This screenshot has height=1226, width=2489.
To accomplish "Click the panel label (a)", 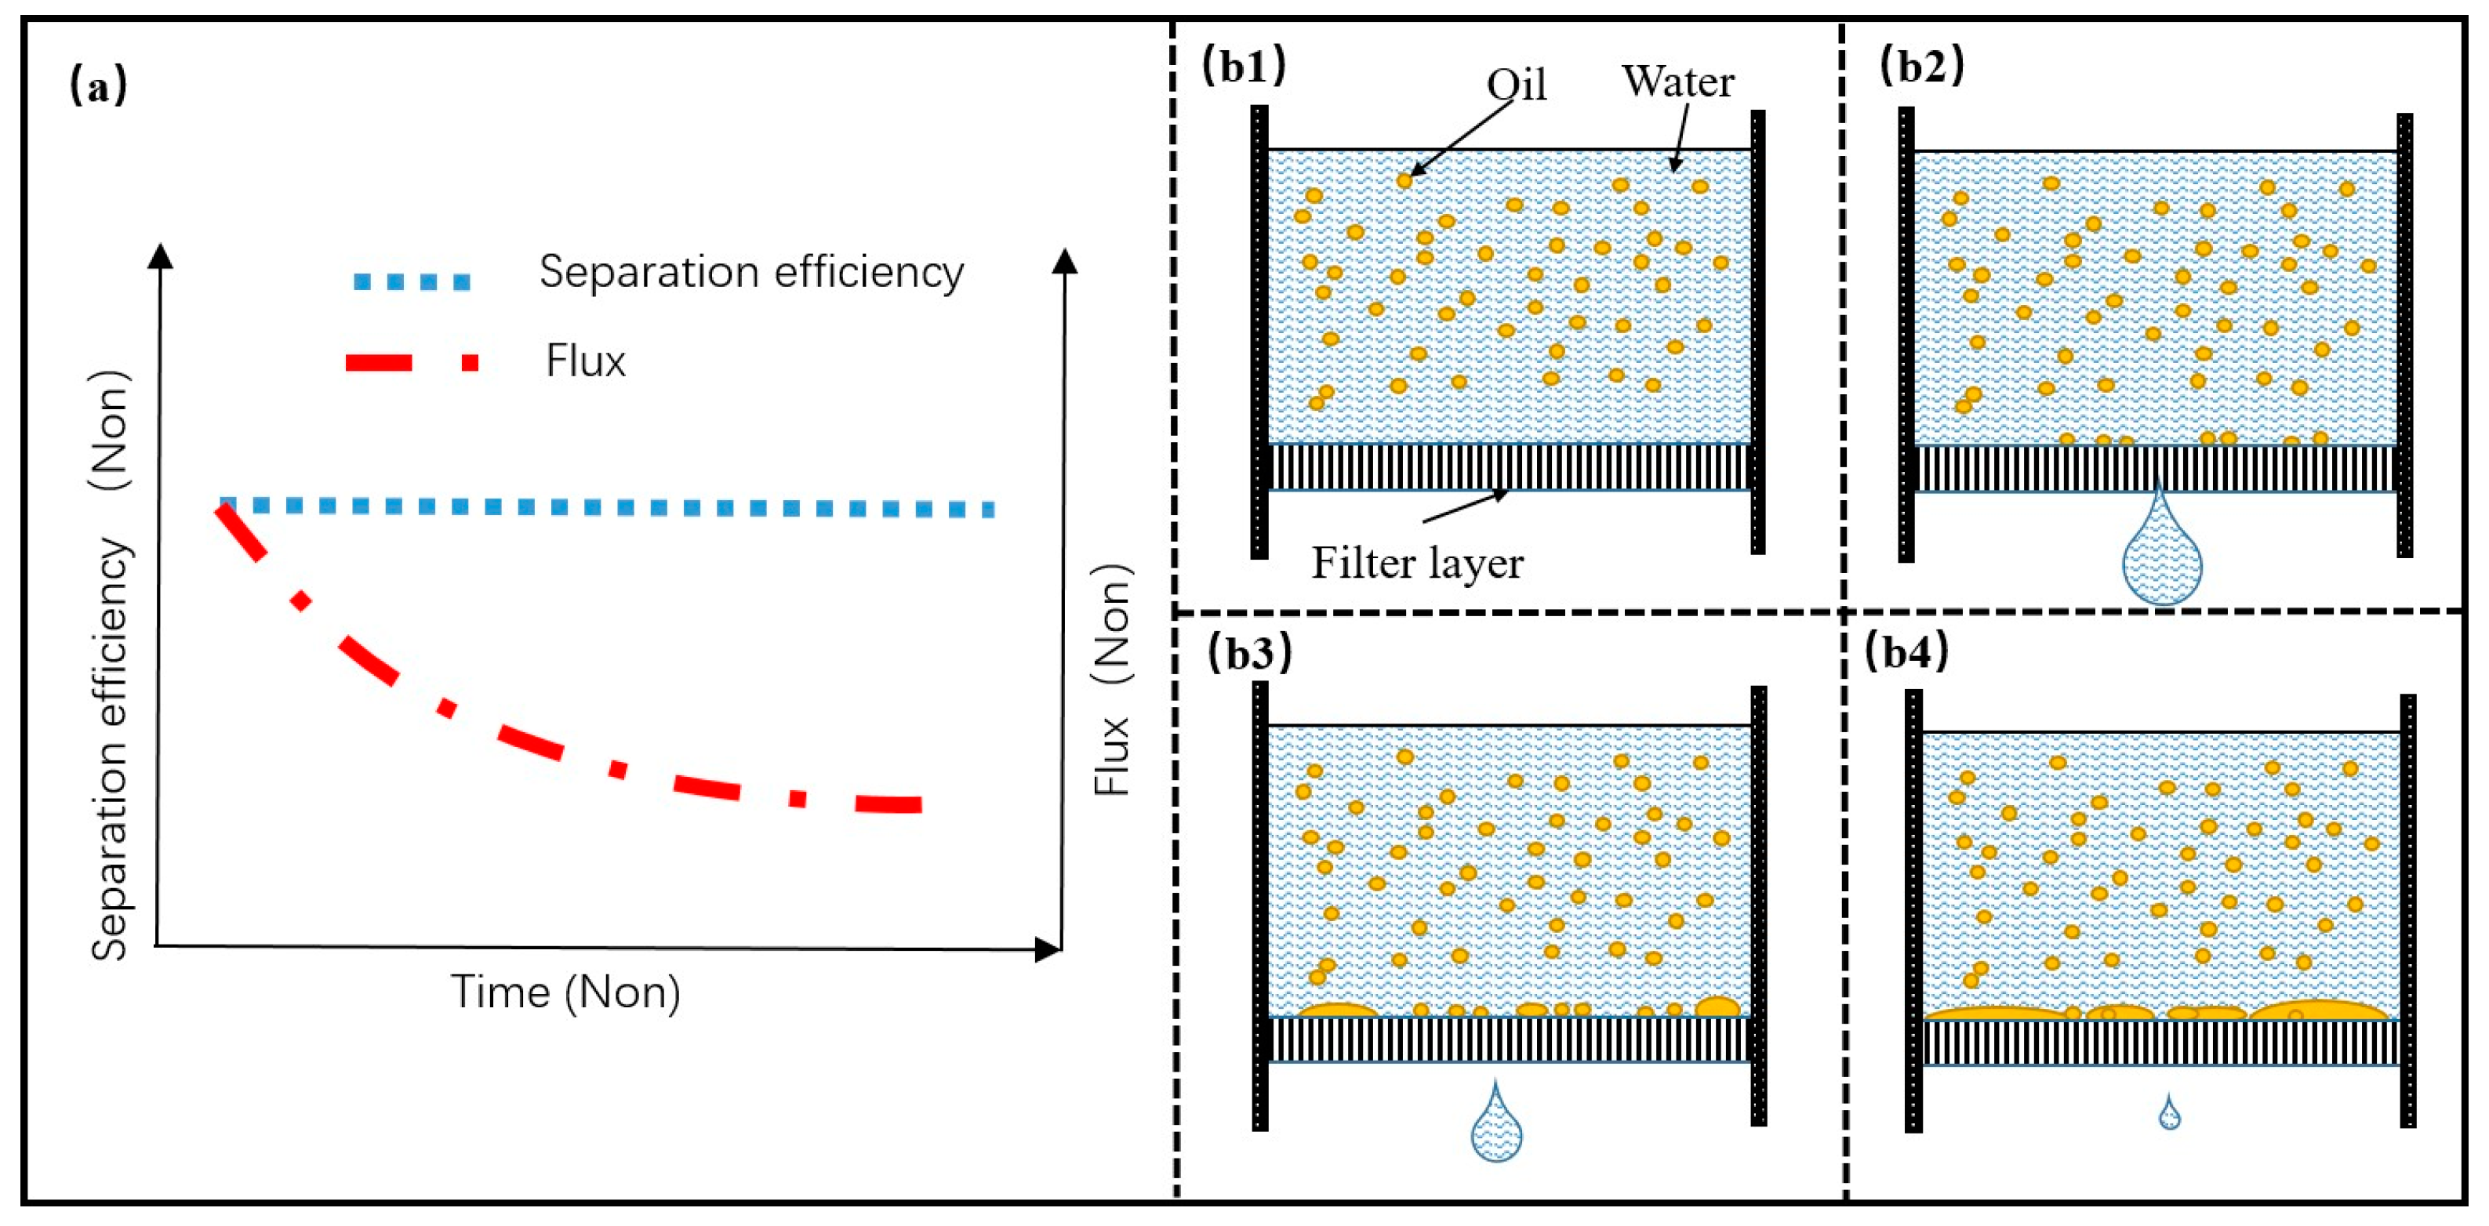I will pyautogui.click(x=97, y=87).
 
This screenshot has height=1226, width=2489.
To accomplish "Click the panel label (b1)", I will pyautogui.click(x=1244, y=66).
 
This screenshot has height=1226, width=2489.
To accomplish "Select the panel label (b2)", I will pyautogui.click(x=1922, y=66).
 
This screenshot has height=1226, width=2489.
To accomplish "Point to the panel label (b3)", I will pyautogui.click(x=1249, y=653).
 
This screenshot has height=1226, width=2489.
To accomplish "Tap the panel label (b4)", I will pyautogui.click(x=1906, y=652).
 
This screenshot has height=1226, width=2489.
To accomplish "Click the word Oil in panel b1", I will pyautogui.click(x=1516, y=85).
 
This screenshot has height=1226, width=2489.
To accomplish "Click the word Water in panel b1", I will pyautogui.click(x=1677, y=82).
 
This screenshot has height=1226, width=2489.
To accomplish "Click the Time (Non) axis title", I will pyautogui.click(x=565, y=992).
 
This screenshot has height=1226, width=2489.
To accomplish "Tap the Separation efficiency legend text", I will pyautogui.click(x=750, y=273).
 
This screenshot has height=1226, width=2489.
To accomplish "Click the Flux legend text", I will pyautogui.click(x=586, y=361).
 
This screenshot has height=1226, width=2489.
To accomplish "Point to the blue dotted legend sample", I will pyautogui.click(x=412, y=282).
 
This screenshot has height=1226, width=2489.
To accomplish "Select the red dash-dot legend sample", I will pyautogui.click(x=412, y=363).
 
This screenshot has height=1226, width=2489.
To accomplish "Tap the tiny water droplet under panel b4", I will pyautogui.click(x=2169, y=1115).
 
